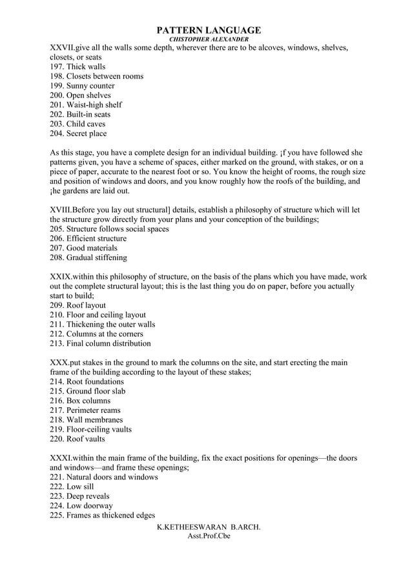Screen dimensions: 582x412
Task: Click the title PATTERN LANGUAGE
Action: coord(209,30)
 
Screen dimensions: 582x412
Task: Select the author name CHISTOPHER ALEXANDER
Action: coord(209,39)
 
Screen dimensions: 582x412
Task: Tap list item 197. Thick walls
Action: coord(77,66)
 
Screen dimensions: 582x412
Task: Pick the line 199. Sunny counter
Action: coord(82,86)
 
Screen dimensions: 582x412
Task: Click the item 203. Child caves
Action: coord(77,124)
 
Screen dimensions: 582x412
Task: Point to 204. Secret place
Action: coord(78,134)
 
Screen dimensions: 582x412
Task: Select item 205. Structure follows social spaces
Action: coord(109,229)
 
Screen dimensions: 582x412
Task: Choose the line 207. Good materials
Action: coord(83,248)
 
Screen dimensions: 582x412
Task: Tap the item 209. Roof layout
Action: coord(77,305)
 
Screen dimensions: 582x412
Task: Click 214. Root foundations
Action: coord(87,381)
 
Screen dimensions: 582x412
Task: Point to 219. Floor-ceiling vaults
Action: coord(90,429)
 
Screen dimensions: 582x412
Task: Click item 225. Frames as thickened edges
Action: coord(101,515)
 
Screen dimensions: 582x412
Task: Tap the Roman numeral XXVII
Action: coord(62,48)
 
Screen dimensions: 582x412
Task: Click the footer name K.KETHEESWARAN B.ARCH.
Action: coord(209,527)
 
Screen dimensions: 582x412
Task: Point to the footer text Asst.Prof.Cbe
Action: coord(209,536)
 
